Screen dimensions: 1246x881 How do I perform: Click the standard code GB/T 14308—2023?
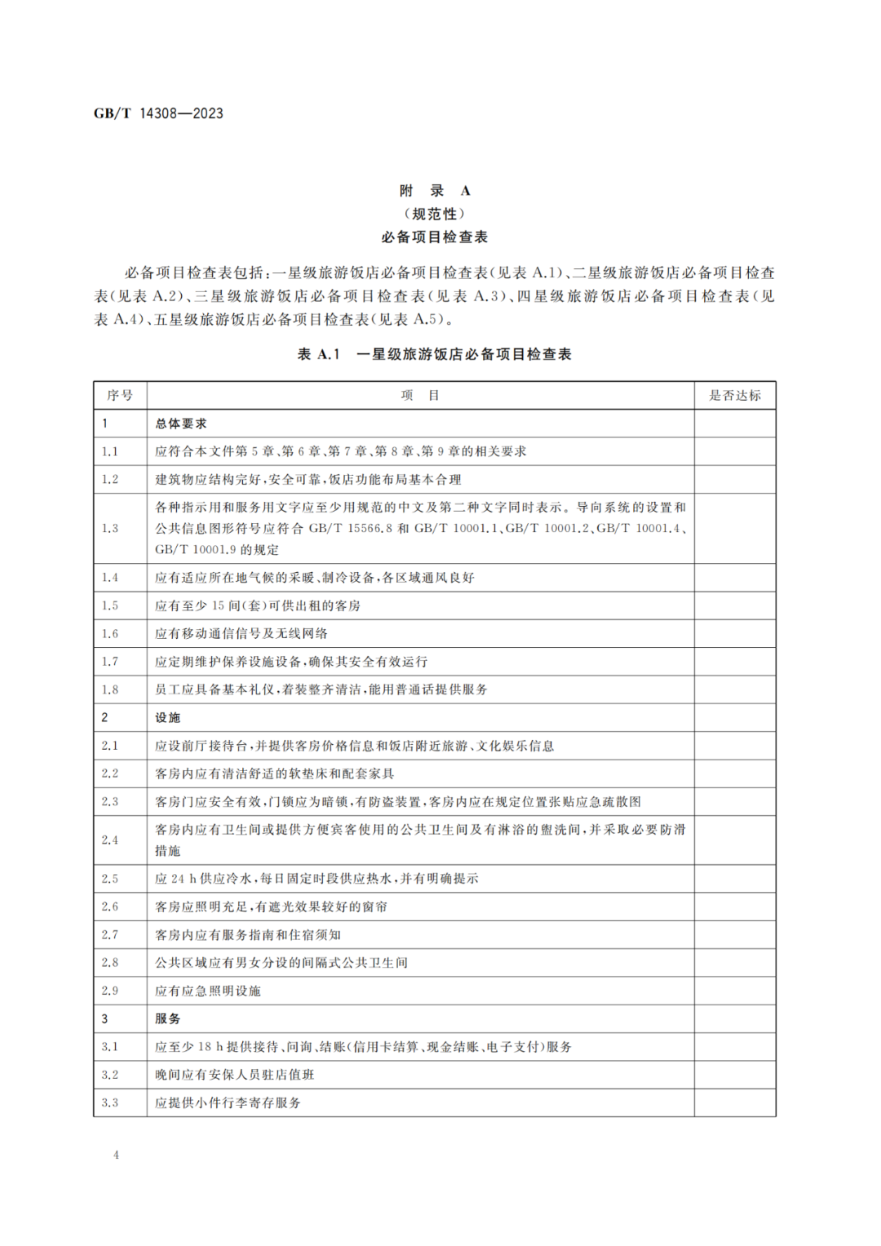158,113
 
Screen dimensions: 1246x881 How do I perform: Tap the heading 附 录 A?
435,191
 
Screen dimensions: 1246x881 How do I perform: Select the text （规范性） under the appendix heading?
435,214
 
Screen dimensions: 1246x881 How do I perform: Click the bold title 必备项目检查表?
435,237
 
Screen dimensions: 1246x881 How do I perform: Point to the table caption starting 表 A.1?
435,354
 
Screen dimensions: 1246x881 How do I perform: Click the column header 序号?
120,396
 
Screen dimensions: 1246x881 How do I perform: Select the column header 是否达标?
734,396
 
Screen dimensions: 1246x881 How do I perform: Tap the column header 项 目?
420,396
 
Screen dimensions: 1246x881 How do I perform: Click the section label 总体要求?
181,423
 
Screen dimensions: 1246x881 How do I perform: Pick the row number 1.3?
110,528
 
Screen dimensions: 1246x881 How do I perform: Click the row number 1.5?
110,605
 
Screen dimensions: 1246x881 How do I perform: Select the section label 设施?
168,717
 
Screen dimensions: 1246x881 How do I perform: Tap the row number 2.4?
110,840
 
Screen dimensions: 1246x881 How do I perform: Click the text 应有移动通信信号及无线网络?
241,633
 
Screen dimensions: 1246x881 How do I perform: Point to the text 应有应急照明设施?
208,991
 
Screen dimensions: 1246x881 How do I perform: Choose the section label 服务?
168,1018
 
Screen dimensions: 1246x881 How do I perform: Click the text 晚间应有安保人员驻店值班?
235,1075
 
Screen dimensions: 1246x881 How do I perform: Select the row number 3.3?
110,1102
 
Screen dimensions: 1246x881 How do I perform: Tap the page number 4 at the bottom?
116,1155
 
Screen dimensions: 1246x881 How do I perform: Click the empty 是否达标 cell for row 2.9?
734,991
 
